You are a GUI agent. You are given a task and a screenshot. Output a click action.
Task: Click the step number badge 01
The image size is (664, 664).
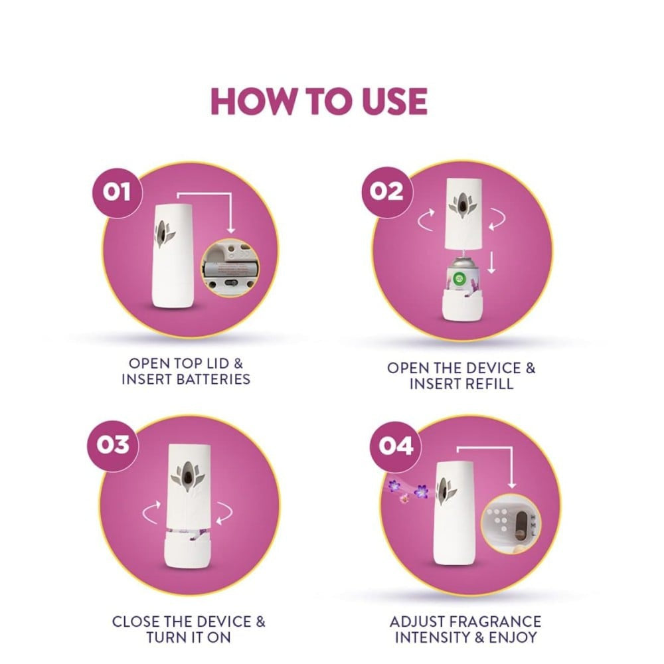point(118,193)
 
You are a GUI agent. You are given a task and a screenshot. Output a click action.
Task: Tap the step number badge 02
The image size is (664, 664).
point(386,191)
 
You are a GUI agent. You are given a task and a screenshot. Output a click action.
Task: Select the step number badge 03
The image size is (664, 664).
point(113,445)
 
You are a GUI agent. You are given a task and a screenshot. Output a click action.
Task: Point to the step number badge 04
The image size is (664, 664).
point(395,447)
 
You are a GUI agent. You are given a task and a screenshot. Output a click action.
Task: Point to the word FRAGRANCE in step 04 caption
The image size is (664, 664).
point(495,622)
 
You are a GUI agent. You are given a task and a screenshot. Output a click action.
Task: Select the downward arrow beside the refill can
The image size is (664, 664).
point(491,262)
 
